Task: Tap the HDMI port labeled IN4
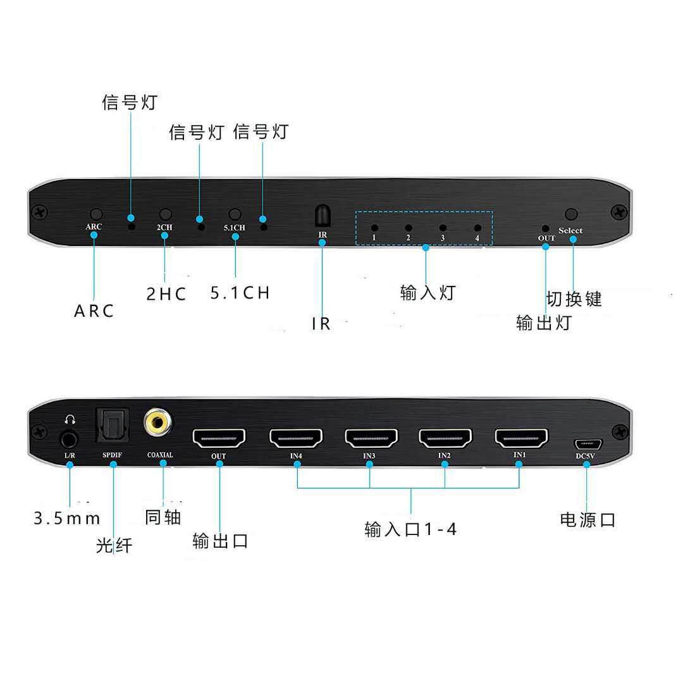point(296,438)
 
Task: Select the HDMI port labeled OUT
point(219,438)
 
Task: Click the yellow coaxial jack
point(156,422)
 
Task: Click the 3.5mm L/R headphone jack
point(70,438)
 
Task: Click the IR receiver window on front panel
point(322,216)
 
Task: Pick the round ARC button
point(96,215)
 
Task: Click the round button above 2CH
point(166,215)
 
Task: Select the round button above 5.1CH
point(235,215)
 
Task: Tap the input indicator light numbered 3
point(443,228)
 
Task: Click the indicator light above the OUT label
point(546,228)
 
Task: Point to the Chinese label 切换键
point(574,298)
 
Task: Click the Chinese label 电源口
point(588,520)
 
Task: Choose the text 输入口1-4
point(410,529)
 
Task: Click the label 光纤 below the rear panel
point(114,545)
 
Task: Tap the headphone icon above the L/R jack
point(70,419)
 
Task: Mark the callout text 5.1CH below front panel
point(240,293)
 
